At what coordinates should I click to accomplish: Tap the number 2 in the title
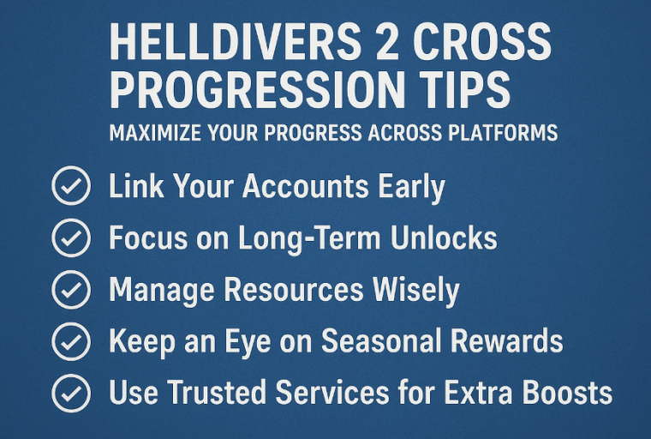tap(387, 41)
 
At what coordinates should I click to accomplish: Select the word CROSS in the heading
tap(481, 41)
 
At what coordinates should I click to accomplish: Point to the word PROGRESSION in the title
tap(257, 89)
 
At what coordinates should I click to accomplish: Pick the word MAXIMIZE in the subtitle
tap(155, 133)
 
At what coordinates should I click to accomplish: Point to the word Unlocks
tap(444, 238)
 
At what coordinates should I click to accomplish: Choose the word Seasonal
tap(380, 341)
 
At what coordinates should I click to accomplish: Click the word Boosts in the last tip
tap(567, 393)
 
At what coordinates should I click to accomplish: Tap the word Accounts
tap(306, 186)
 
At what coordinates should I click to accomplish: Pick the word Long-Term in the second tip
tap(309, 239)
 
